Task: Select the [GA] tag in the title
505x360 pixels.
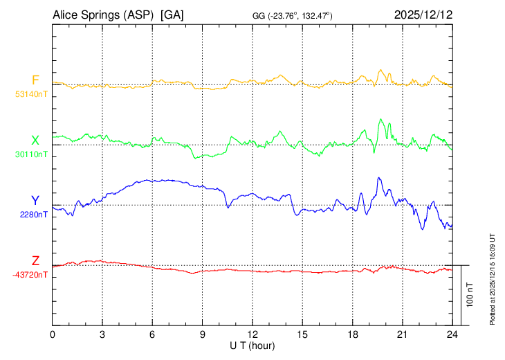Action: click(x=172, y=15)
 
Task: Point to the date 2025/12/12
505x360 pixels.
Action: click(x=423, y=15)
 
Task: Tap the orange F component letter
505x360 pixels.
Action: click(x=35, y=80)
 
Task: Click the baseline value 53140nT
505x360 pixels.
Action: click(x=31, y=93)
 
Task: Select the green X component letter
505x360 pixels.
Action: click(x=35, y=140)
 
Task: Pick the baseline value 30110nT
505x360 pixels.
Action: click(x=31, y=154)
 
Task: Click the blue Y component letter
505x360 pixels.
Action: click(x=35, y=201)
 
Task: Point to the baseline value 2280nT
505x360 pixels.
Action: click(x=34, y=214)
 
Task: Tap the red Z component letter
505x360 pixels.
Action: click(x=35, y=261)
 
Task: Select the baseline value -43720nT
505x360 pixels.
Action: click(x=30, y=275)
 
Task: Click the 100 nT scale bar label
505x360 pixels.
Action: click(x=470, y=295)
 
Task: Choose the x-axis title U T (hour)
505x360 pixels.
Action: click(x=252, y=345)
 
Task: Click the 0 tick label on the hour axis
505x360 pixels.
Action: click(x=53, y=334)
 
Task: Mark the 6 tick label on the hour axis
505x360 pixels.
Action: click(x=152, y=334)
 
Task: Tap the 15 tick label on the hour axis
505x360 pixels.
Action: click(x=302, y=334)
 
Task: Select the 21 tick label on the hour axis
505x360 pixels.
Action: click(x=403, y=334)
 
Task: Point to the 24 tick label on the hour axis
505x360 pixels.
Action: click(x=452, y=334)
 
